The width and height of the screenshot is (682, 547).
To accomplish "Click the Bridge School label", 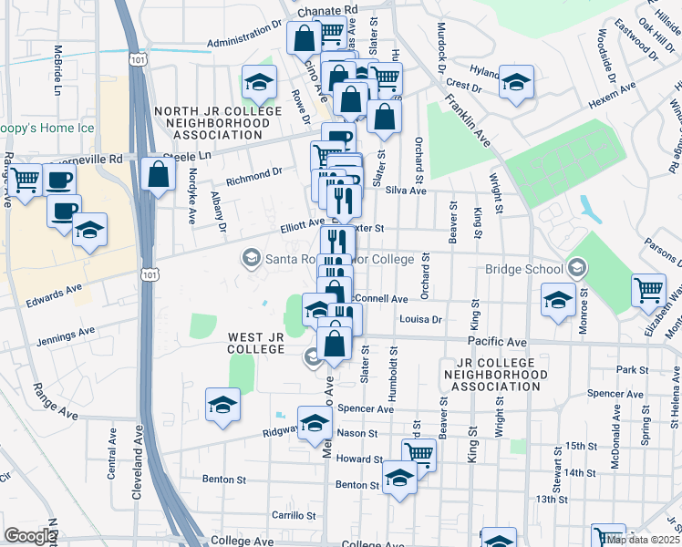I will [x=524, y=270].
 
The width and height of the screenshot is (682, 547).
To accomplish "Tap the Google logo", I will [x=29, y=536].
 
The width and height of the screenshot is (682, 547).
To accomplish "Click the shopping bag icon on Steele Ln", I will [x=159, y=174].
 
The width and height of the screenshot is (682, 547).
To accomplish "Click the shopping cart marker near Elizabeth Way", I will [x=648, y=291].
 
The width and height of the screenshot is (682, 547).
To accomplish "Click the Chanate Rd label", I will [x=334, y=8].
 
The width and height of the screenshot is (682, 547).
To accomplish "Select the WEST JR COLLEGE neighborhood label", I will [x=262, y=344].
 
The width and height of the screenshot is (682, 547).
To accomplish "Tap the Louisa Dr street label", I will [x=420, y=320].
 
